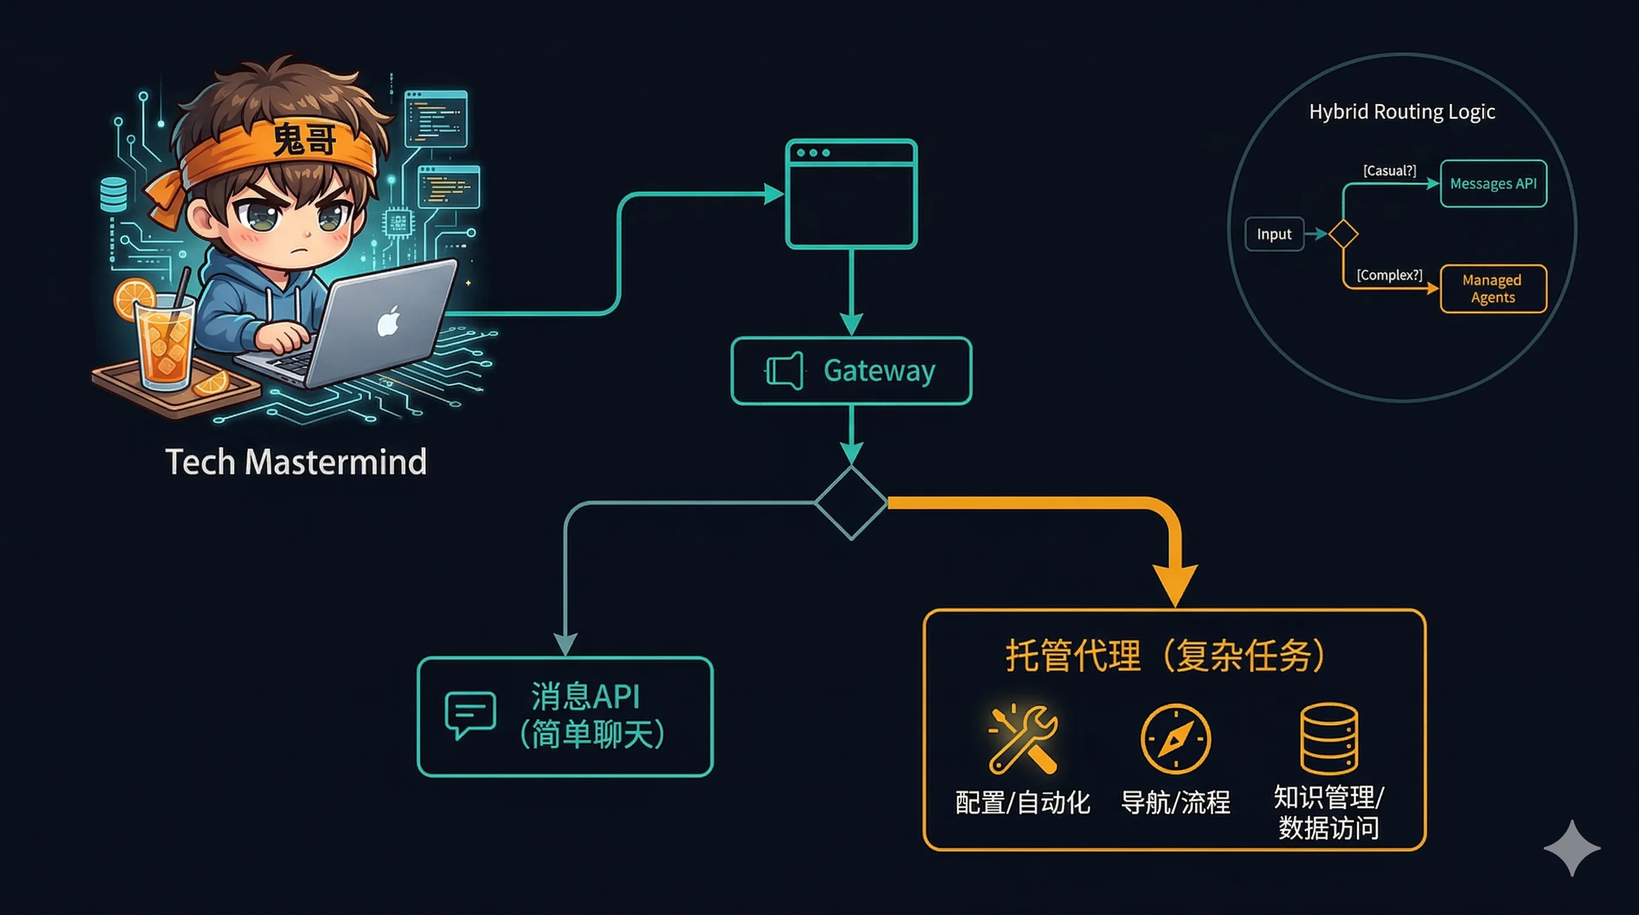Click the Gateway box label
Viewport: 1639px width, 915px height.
878,371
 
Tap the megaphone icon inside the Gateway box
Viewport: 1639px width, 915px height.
784,371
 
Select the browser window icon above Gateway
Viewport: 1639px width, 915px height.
851,194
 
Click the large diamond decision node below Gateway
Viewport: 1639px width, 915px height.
851,503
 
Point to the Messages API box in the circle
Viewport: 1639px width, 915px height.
1492,184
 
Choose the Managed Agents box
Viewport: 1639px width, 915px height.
1492,289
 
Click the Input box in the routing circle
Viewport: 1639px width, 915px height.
1274,234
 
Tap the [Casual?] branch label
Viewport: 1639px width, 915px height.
1389,170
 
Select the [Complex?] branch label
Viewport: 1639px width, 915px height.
1389,275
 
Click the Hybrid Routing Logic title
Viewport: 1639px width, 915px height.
1402,112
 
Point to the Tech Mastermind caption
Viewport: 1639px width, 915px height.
296,461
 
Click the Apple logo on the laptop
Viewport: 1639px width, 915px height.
388,321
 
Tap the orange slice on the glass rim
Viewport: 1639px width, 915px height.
134,299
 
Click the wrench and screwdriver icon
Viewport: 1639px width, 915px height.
1023,738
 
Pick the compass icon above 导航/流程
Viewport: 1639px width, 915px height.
1175,738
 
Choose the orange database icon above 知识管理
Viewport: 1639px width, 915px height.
1329,738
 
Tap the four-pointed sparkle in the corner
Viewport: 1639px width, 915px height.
1572,848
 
